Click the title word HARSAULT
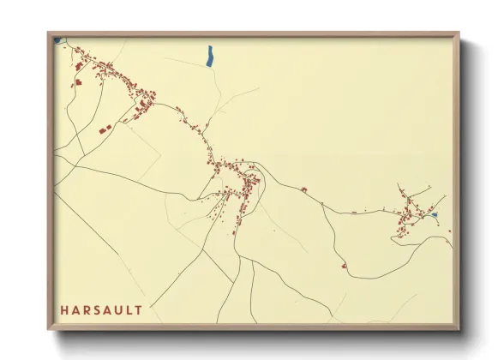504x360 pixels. point(101,309)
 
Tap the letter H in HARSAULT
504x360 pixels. point(64,309)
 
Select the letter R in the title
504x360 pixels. point(87,309)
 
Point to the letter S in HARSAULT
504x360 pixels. point(97,309)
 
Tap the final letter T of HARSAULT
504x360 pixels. point(139,309)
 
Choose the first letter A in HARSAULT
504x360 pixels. point(75,309)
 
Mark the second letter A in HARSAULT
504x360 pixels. point(108,309)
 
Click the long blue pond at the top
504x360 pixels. point(209,56)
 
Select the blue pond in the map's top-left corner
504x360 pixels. point(57,39)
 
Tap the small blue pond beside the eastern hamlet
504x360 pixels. point(435,215)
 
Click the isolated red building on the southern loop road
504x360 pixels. point(344,266)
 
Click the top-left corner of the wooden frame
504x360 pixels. point(49,33)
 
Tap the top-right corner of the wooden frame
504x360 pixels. point(459,33)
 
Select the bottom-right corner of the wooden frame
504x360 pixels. point(459,329)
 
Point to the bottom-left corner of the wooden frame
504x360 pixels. point(49,329)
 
